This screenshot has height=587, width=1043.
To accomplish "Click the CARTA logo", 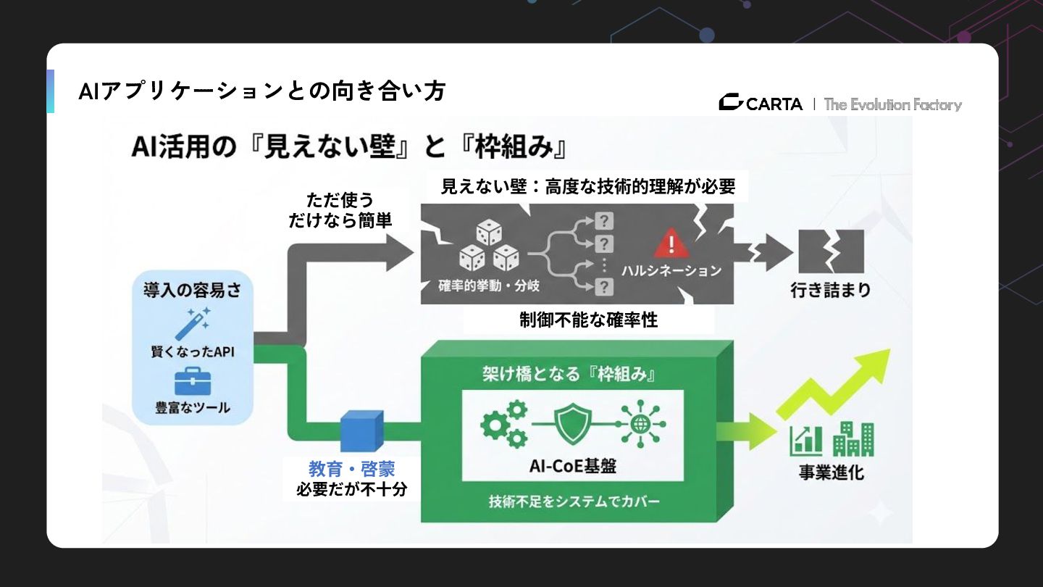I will [761, 104].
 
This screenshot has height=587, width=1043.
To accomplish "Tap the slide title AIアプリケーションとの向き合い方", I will [261, 91].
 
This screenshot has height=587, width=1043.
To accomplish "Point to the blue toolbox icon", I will [193, 380].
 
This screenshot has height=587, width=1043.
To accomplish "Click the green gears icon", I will [504, 423].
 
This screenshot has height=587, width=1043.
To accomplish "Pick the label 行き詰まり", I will [830, 290].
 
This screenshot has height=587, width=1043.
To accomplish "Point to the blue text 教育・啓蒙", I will [351, 469].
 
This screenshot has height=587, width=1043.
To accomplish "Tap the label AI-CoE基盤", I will [573, 465].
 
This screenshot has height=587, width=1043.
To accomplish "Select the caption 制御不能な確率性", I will [588, 320].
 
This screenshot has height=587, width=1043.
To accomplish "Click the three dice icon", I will [490, 249].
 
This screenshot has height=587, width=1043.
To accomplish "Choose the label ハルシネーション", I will [671, 270].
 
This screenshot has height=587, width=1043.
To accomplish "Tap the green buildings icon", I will [853, 439].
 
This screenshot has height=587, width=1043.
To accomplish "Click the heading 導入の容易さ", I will [192, 291].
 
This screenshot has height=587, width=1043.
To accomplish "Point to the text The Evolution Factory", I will [892, 104].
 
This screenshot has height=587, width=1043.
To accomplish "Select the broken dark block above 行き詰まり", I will [830, 251].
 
